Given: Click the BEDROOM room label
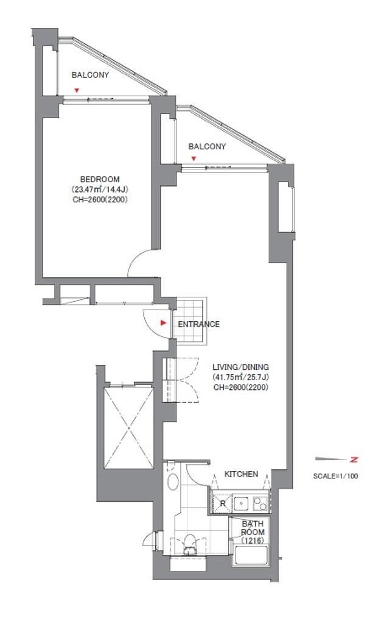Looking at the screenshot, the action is (100, 180).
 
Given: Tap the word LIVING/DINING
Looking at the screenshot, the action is (240, 367).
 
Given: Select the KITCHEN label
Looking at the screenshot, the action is (241, 474).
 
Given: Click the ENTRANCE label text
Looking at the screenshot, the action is (198, 324).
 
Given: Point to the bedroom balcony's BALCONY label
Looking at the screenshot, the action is (90, 75).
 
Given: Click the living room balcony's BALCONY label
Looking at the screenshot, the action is (207, 146).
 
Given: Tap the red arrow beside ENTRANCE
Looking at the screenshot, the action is (163, 323).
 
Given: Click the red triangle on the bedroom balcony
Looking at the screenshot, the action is (77, 90).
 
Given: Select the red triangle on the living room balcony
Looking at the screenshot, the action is (194, 159).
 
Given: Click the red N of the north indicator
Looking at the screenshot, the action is (354, 460).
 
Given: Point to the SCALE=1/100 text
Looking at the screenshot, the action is (335, 475).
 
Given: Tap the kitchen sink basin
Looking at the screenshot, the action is (242, 504).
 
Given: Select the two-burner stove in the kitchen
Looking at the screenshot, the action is (260, 503).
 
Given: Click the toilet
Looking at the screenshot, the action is (189, 544).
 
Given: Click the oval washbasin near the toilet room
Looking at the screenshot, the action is (173, 481).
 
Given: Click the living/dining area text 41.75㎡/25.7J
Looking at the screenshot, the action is (240, 377).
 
